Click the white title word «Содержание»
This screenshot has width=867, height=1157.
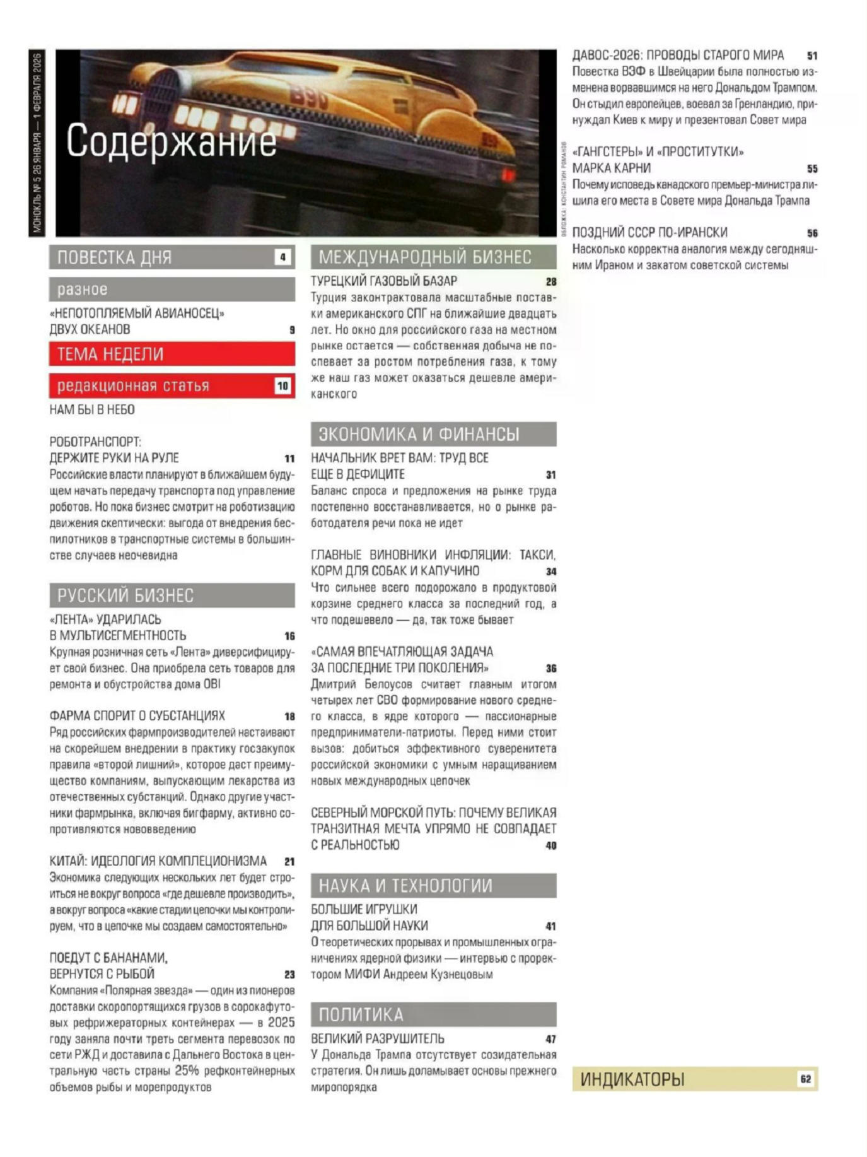point(171,141)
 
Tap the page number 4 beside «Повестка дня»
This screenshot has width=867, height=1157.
point(283,257)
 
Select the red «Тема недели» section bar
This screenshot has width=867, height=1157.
point(172,354)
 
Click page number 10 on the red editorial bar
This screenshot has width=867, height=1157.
point(282,385)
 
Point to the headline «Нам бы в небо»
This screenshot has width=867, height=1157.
point(92,410)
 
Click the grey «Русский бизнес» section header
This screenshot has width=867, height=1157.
point(172,595)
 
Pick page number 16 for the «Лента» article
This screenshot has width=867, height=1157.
point(289,637)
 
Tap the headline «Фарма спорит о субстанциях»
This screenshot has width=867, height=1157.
point(137,716)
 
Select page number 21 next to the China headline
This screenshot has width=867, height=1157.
point(289,862)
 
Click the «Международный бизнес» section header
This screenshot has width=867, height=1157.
point(433,257)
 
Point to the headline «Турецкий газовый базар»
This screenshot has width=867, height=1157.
point(383,281)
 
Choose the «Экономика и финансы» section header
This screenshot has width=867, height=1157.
point(433,434)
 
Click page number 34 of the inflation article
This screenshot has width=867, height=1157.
point(551,572)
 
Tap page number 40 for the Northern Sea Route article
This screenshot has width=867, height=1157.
point(551,846)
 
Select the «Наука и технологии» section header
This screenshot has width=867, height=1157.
point(433,886)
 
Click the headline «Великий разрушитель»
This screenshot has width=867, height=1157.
point(377,1039)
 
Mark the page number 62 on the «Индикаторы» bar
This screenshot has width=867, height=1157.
point(805,1079)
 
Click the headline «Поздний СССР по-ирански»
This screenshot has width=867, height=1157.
point(649,233)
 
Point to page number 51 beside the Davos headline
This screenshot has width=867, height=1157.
point(812,56)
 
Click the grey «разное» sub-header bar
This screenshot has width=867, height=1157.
point(172,290)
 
